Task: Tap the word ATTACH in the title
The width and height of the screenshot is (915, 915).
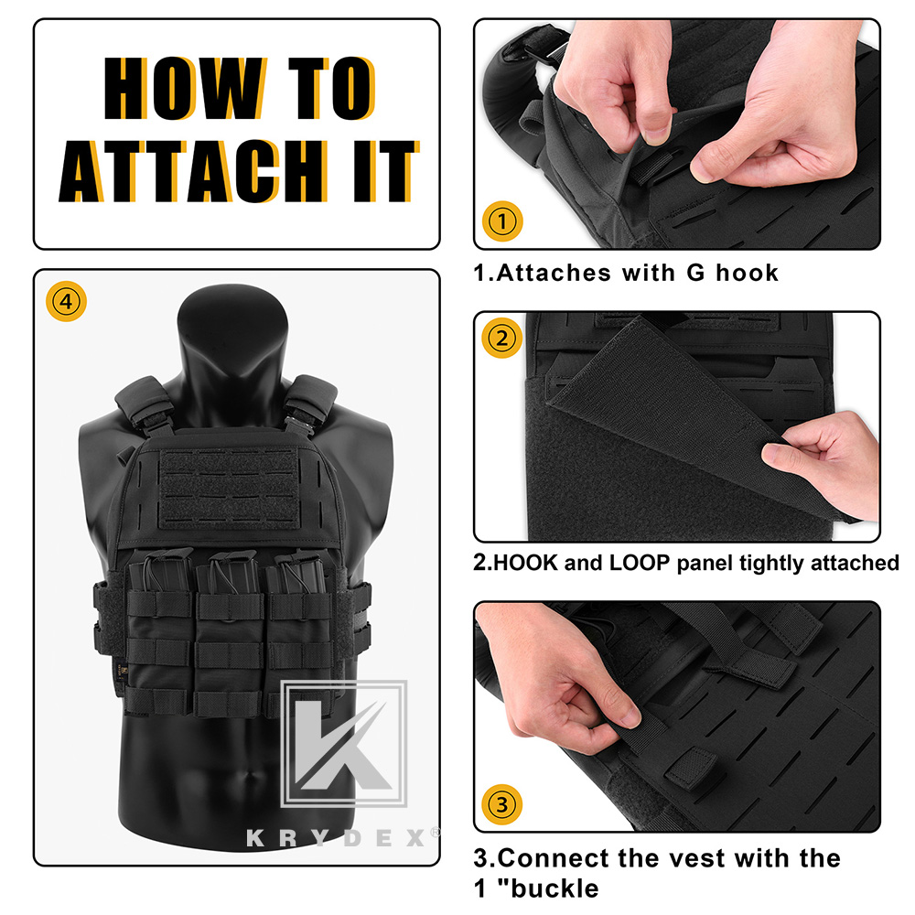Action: [191, 172]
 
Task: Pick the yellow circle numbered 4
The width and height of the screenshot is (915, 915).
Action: [63, 299]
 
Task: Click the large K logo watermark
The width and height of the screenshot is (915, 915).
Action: [343, 743]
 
